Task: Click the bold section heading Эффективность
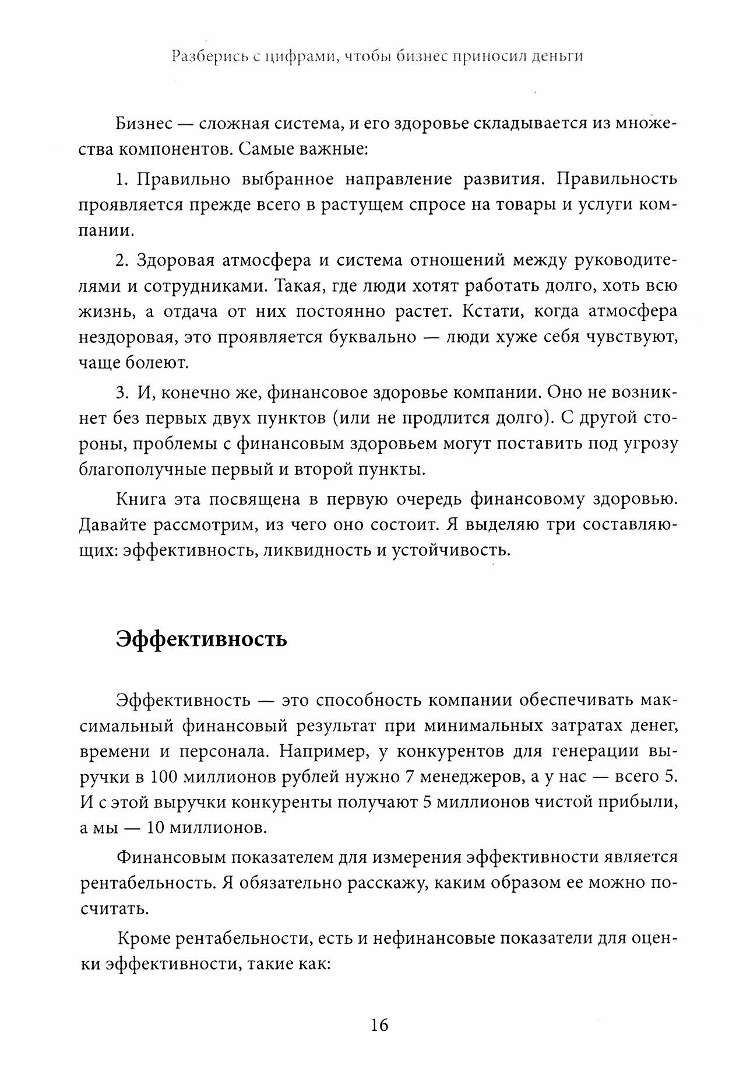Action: click(201, 639)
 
